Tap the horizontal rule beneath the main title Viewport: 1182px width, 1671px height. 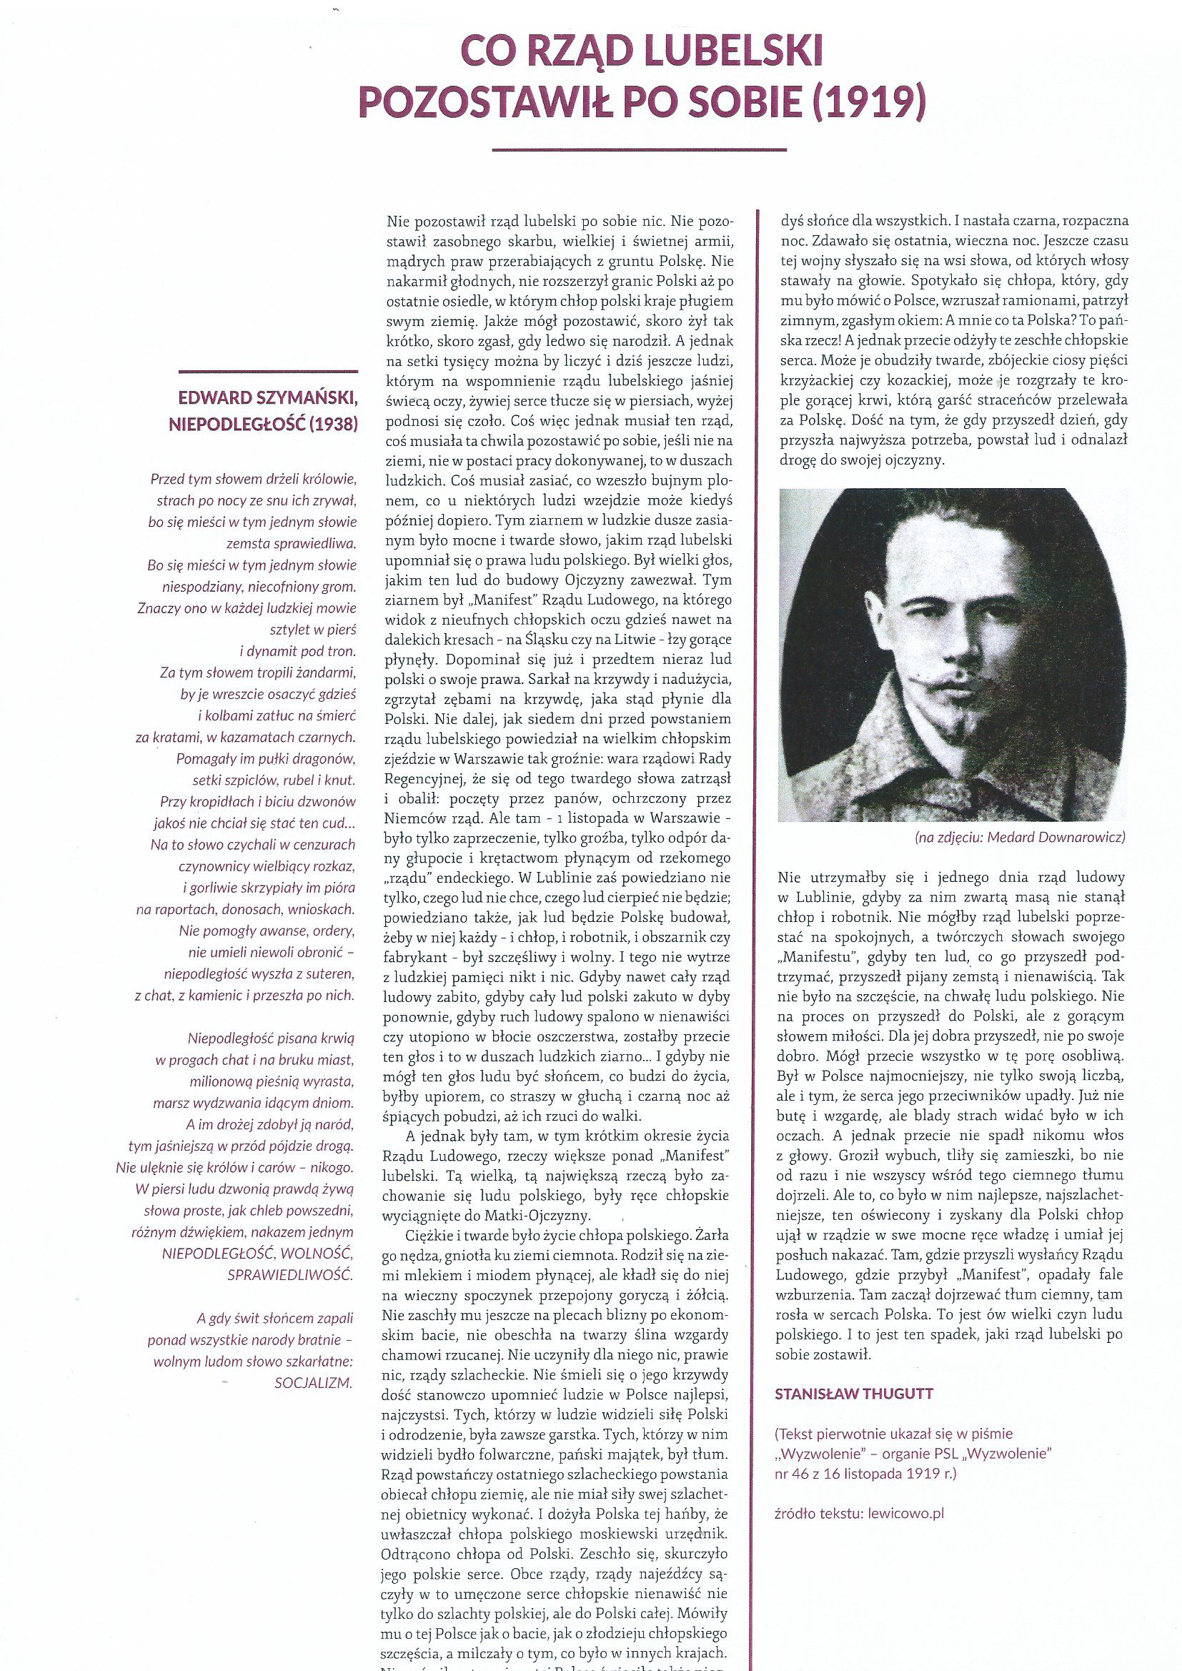639,150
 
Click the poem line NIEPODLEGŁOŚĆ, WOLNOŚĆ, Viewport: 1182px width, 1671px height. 259,1254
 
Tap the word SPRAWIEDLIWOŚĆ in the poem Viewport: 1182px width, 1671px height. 290,1275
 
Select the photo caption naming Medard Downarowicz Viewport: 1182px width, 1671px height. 1020,838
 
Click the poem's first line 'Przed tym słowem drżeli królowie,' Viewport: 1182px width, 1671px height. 252,480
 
